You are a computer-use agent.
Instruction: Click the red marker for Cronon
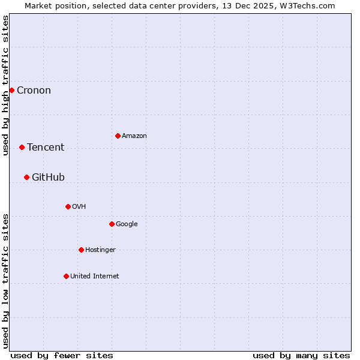[11, 90]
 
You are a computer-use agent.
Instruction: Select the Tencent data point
[22, 147]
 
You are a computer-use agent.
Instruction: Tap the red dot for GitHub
[26, 177]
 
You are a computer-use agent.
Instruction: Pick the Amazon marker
[118, 136]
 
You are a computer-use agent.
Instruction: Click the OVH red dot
[68, 206]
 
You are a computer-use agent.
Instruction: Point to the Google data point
[112, 224]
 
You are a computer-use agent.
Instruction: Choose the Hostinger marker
[81, 250]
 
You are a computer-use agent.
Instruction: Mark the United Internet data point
[66, 276]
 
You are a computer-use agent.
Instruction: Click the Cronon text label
[34, 91]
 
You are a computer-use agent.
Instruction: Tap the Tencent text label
[46, 148]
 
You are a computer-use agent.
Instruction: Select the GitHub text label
[48, 177]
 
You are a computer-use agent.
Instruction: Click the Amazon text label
[134, 136]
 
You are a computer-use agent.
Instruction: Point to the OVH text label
[79, 207]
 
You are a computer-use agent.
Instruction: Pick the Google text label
[127, 224]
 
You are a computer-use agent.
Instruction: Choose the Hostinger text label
[100, 250]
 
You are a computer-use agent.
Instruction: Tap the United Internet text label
[95, 277]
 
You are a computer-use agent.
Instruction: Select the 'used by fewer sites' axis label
[62, 356]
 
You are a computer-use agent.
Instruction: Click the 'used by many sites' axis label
[301, 356]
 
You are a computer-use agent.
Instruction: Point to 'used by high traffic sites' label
[6, 85]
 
